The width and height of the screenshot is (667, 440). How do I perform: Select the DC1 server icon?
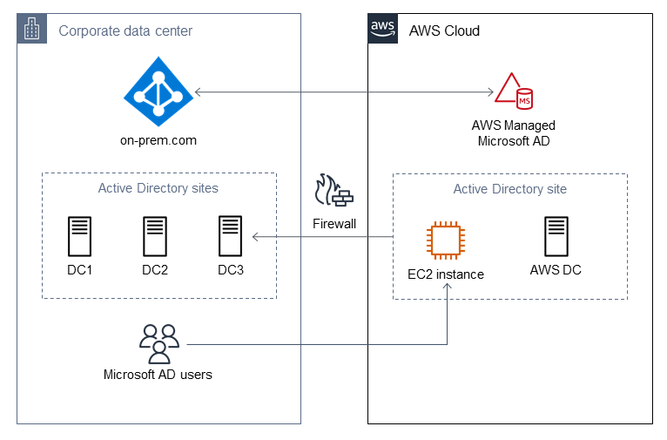(80, 236)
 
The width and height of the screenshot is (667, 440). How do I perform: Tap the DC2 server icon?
(155, 236)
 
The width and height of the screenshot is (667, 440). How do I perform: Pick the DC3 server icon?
(231, 236)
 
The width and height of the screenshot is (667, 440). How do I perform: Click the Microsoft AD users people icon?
(158, 343)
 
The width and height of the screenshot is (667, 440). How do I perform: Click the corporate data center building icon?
(31, 29)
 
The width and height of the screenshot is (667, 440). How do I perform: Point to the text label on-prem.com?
(158, 139)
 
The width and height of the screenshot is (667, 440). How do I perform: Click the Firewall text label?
(334, 224)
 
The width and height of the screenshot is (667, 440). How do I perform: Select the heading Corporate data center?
(125, 31)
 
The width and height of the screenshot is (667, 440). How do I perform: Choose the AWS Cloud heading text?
(444, 31)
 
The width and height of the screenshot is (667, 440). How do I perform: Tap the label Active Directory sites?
(158, 188)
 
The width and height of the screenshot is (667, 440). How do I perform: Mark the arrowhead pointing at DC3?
(255, 236)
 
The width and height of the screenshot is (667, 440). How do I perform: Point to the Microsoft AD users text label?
(158, 375)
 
